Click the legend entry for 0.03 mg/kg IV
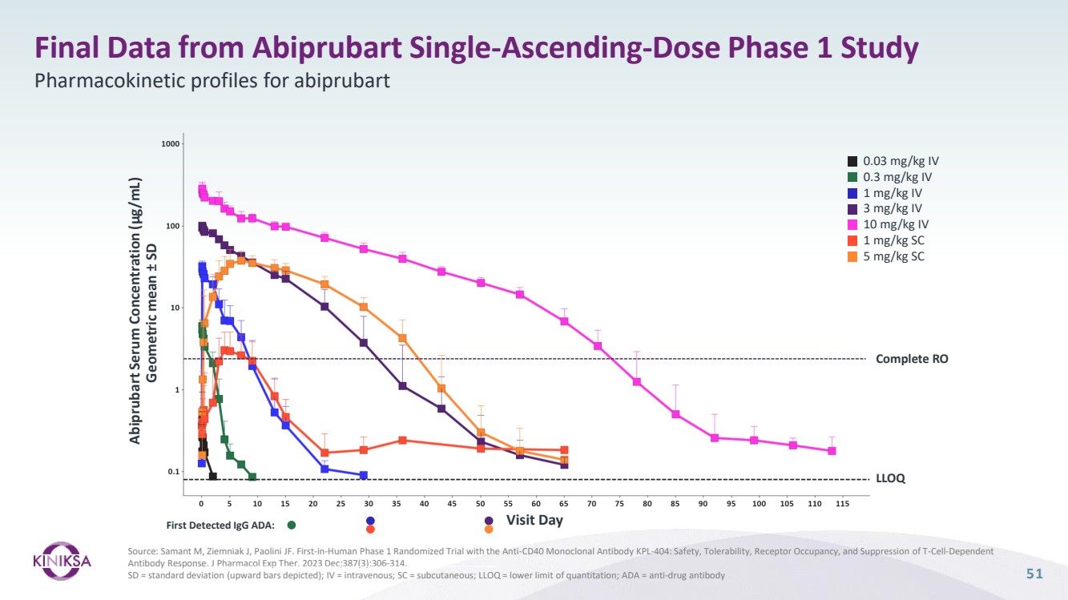click(x=895, y=161)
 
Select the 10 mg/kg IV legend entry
click(x=895, y=224)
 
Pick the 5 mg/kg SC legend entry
click(x=894, y=256)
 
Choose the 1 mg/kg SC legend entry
click(x=894, y=240)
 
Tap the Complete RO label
click(x=912, y=359)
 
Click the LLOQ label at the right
click(x=890, y=479)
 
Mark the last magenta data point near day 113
click(x=832, y=451)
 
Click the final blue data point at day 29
click(x=364, y=475)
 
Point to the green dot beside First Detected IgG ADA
click(x=292, y=526)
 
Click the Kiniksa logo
click(x=62, y=559)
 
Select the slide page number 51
click(x=1035, y=574)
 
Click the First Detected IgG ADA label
click(x=220, y=526)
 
